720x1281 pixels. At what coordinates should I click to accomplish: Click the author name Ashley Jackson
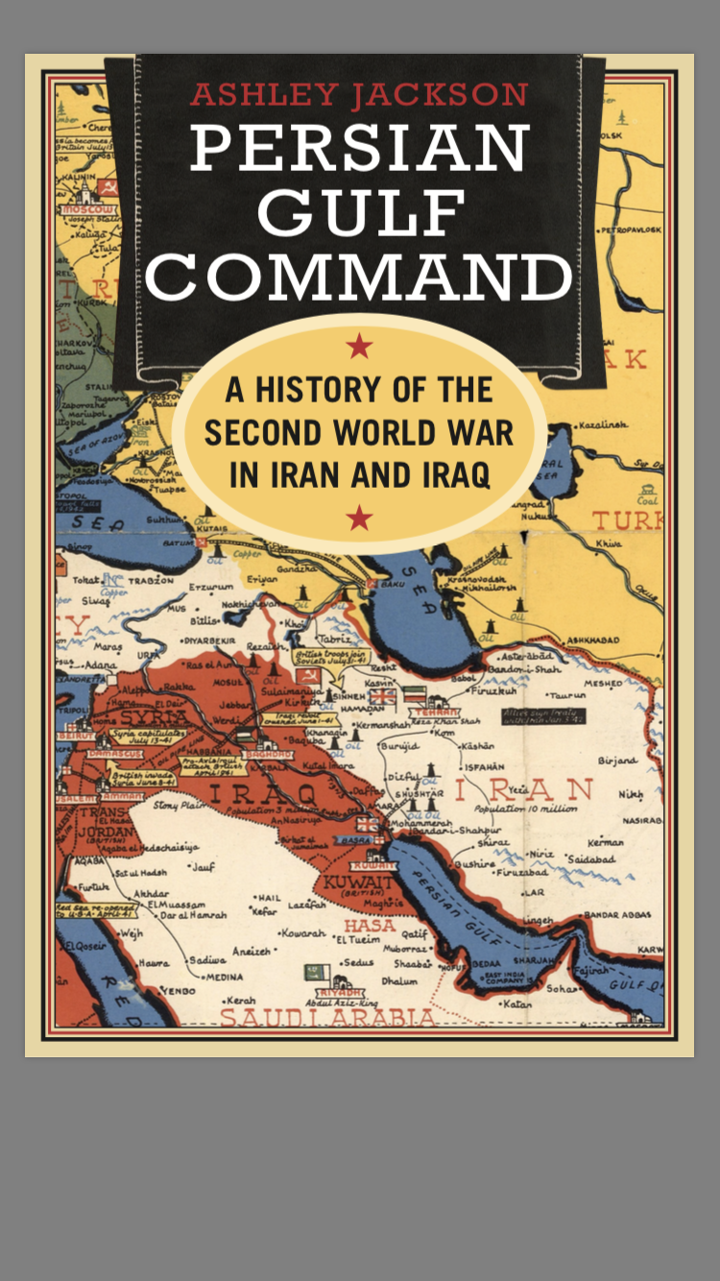(359, 95)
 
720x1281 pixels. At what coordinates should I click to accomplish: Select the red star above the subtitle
(359, 346)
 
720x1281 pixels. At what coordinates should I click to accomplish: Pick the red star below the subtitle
(359, 519)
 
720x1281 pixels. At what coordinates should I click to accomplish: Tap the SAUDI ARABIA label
(328, 1016)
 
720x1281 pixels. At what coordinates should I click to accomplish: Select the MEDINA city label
(226, 977)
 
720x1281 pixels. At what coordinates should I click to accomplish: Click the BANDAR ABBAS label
(622, 913)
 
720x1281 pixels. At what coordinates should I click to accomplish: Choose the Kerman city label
(605, 842)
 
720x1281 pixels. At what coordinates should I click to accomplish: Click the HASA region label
(370, 926)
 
